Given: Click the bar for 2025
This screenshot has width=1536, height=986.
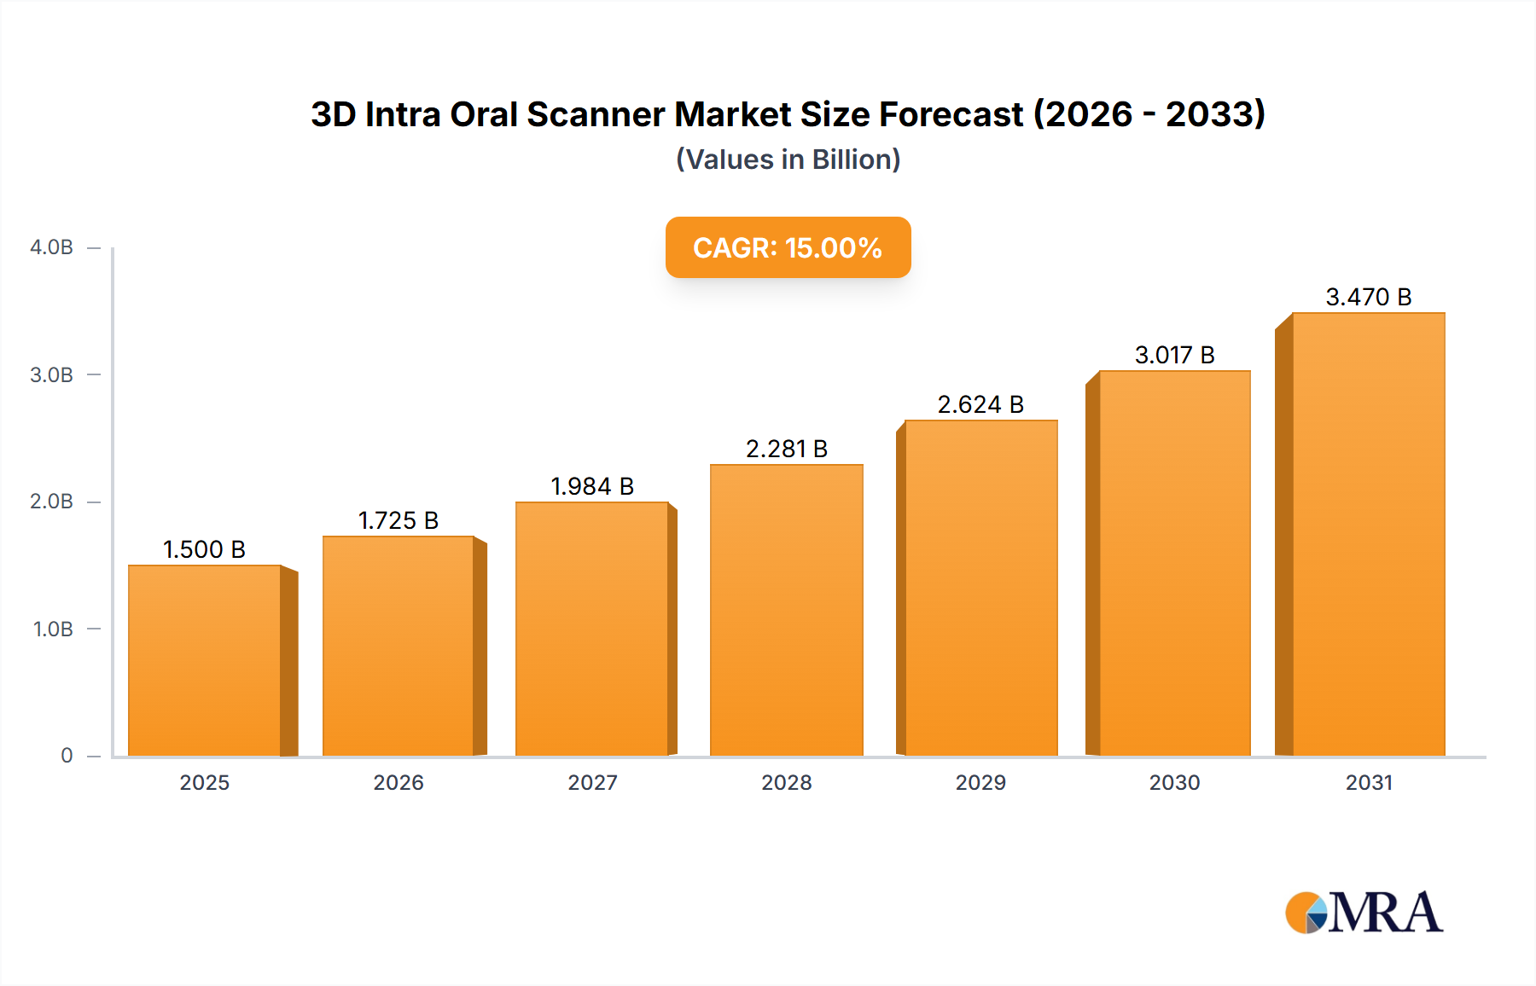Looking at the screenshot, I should click(x=205, y=661).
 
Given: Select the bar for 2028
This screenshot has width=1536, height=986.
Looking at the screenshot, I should click(x=787, y=611).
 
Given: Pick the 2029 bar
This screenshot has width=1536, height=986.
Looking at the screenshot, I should click(x=981, y=589).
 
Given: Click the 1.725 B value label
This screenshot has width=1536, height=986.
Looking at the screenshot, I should click(x=399, y=520).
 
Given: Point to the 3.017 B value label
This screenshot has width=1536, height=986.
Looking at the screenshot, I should click(x=1174, y=355).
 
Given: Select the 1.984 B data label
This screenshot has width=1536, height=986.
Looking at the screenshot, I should click(x=592, y=486).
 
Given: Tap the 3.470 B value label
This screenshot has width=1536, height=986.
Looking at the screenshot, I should click(x=1369, y=297).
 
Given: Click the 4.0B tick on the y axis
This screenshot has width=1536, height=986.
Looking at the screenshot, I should click(x=52, y=247).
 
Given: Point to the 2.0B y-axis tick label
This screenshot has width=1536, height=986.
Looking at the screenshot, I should click(x=52, y=502).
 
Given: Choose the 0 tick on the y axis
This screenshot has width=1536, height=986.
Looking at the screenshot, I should click(x=67, y=756).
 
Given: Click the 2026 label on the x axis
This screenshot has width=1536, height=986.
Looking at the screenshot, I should click(x=399, y=782).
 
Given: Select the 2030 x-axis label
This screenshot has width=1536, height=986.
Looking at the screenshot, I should click(x=1174, y=782).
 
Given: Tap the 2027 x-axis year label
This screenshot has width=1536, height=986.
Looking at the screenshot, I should click(x=592, y=782).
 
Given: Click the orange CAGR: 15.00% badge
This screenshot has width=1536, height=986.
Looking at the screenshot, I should click(x=788, y=247).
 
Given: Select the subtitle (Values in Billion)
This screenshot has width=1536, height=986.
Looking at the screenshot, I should click(x=788, y=159).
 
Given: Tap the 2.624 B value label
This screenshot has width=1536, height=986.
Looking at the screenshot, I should click(x=980, y=404).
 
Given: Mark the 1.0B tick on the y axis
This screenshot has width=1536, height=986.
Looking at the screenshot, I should click(x=53, y=629).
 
